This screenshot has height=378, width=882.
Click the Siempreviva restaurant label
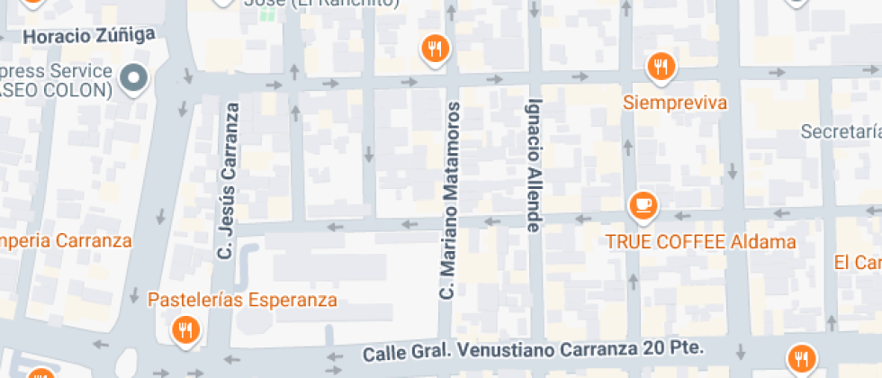pyautogui.click(x=674, y=103)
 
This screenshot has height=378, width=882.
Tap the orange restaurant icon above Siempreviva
pyautogui.click(x=661, y=66)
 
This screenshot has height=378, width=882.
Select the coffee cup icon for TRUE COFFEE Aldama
pyautogui.click(x=643, y=206)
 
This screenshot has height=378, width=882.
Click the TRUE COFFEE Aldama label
pyautogui.click(x=700, y=242)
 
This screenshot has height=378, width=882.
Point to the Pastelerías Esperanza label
pyautogui.click(x=242, y=300)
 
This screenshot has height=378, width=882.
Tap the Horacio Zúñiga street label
pyautogui.click(x=89, y=37)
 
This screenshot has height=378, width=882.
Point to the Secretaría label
pyautogui.click(x=841, y=132)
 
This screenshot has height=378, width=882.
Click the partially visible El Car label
pyautogui.click(x=858, y=263)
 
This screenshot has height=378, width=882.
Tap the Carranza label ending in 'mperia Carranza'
pyautogui.click(x=65, y=241)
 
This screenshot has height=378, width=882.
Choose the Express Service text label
pyautogui.click(x=56, y=71)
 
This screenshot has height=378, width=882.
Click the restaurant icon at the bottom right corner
pyautogui.click(x=798, y=359)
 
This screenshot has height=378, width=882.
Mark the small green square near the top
pyautogui.click(x=265, y=15)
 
